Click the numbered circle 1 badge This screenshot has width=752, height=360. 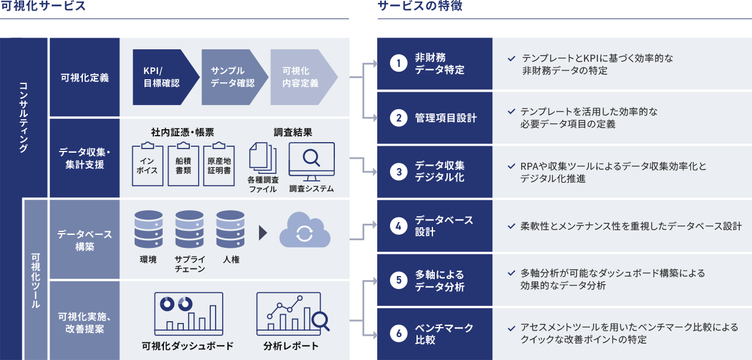398,63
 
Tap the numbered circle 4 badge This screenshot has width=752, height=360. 398,226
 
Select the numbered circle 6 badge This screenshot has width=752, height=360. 398,334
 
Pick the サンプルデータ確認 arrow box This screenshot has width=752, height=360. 234,77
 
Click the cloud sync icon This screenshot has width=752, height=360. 305,230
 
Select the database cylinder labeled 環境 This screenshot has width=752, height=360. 149,229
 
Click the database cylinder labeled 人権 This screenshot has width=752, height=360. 230,229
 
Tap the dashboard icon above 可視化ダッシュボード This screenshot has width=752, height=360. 189,314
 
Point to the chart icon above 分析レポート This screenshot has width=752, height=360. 293,314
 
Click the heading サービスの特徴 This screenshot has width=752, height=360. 420,6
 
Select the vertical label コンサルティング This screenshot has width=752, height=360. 23,117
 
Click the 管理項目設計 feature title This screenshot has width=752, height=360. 445,118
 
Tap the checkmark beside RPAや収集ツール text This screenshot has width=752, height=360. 511,166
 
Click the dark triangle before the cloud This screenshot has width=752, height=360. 263,233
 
